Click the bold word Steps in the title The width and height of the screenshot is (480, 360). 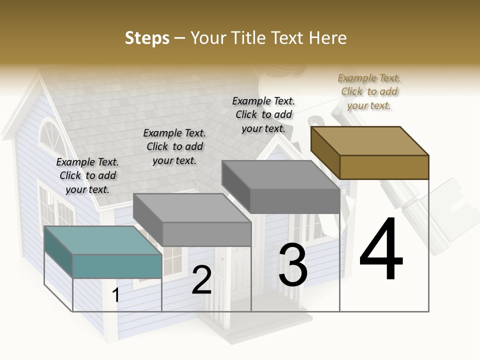pos(147,38)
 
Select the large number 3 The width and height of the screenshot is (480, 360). pos(293,265)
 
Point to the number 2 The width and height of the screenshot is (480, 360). pos(201,280)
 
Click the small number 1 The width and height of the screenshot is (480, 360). pos(116,295)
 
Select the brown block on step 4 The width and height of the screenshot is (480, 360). pos(370,153)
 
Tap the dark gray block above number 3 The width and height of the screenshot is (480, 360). pos(281,187)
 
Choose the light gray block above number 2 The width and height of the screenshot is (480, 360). pos(192,220)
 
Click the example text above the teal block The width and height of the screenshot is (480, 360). pos(87,175)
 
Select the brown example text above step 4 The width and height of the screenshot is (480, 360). pos(369,91)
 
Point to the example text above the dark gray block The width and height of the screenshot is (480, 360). pos(263,114)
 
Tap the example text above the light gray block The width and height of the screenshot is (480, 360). pos(174,146)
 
